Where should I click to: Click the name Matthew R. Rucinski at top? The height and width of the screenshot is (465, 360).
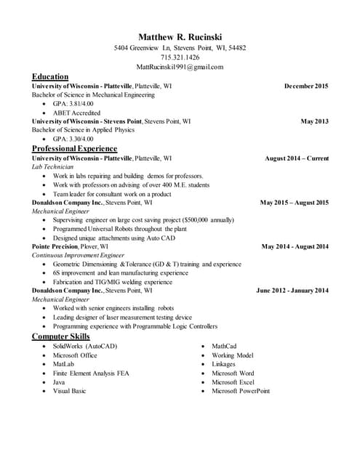180,36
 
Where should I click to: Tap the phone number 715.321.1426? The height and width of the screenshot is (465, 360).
180,57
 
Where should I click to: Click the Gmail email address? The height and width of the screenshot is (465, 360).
180,66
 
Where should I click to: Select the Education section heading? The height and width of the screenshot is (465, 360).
50,76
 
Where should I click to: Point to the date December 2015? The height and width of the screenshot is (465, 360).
306,86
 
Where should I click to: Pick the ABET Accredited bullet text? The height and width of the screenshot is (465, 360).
76,113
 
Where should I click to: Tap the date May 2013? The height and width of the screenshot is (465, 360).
315,121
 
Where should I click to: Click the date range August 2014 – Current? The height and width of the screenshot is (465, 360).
297,158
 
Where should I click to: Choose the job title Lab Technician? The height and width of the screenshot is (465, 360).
53,166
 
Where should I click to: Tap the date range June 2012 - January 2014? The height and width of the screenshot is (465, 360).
292,291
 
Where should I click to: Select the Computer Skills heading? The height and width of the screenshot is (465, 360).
61,336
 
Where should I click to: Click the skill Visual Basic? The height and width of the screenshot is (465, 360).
70,390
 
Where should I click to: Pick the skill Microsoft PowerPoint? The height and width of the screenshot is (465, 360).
241,390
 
